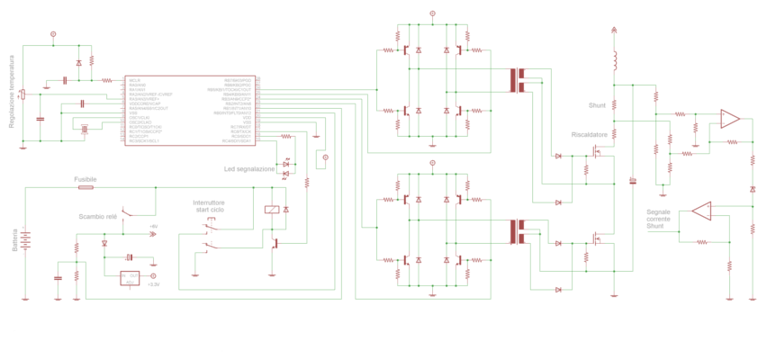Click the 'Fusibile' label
86,180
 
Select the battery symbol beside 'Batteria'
25,240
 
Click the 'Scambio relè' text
97,217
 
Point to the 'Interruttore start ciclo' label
209,207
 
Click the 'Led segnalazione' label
250,169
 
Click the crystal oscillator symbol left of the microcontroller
84,130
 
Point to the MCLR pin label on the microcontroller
135,80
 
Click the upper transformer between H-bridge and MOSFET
517,81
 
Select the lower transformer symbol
517,231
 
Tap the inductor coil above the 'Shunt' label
614,61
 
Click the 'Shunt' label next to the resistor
597,104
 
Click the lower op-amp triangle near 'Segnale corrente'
701,211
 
